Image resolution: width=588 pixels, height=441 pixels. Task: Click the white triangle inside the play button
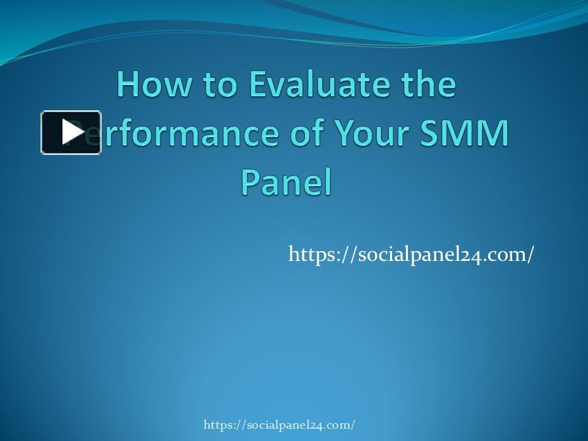pos(72,132)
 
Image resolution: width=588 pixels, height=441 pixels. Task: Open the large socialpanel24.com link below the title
pos(411,254)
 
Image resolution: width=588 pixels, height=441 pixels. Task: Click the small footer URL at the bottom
pos(279,424)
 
